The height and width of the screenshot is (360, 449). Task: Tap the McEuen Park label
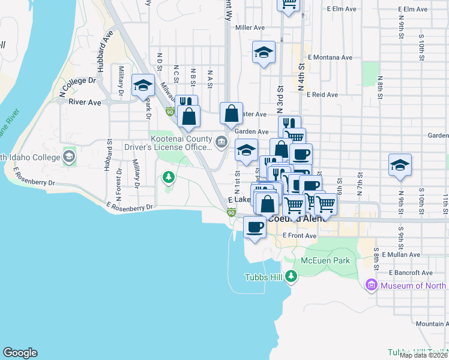tap(325, 261)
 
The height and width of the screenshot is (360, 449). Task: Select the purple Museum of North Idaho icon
tap(371, 285)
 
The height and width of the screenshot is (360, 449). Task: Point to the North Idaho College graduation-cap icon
tap(69, 157)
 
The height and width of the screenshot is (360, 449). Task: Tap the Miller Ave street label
tap(250, 28)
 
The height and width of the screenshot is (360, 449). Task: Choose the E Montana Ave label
tap(330, 58)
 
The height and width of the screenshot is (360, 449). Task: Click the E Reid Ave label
tap(322, 94)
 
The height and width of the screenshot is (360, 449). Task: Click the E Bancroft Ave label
tap(410, 272)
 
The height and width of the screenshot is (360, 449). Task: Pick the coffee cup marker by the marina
tap(255, 227)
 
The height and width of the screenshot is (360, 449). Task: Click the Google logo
tap(20, 353)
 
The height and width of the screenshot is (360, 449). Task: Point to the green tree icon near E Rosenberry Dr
tap(169, 177)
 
